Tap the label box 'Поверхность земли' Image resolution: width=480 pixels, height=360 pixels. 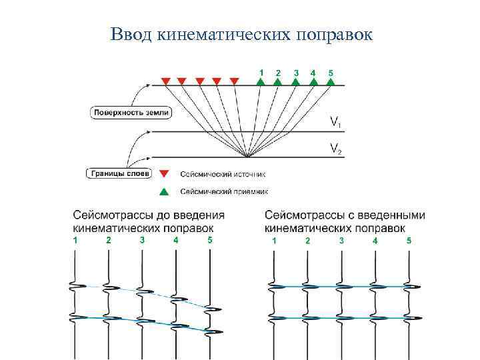click(131, 113)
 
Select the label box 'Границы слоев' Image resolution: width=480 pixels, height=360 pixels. click(119, 174)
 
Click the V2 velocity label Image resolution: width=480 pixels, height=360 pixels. click(337, 149)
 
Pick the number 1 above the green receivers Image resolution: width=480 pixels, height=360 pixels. click(261, 72)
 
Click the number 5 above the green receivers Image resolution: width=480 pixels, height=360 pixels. click(331, 72)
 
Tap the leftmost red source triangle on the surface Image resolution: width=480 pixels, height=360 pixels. click(165, 81)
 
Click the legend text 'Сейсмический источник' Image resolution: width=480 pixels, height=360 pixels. click(223, 175)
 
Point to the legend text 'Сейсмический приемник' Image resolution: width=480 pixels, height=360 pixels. click(224, 192)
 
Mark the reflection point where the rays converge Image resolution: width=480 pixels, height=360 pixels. click(247, 157)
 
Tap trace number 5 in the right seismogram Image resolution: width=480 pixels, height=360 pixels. click(409, 240)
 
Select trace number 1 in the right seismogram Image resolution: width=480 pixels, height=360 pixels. click(273, 240)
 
